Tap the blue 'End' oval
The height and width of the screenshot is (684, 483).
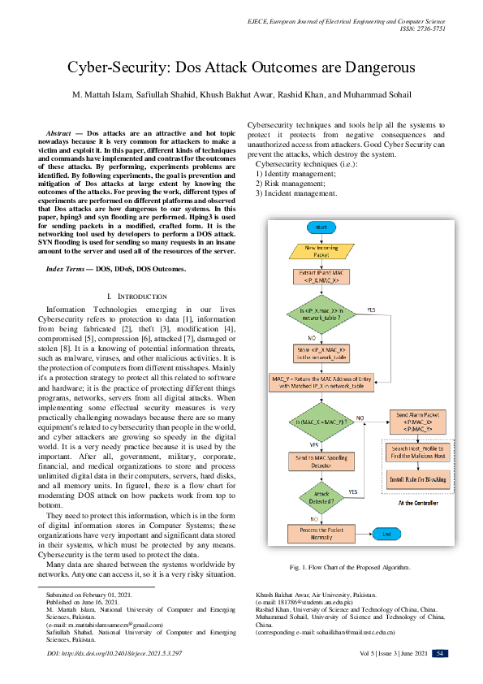pyautogui.click(x=386, y=534)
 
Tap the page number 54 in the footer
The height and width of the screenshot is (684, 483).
pyautogui.click(x=438, y=653)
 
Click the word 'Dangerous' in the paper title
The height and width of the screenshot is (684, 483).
pyautogui.click(x=373, y=68)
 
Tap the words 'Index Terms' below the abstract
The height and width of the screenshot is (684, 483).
pyautogui.click(x=67, y=268)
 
